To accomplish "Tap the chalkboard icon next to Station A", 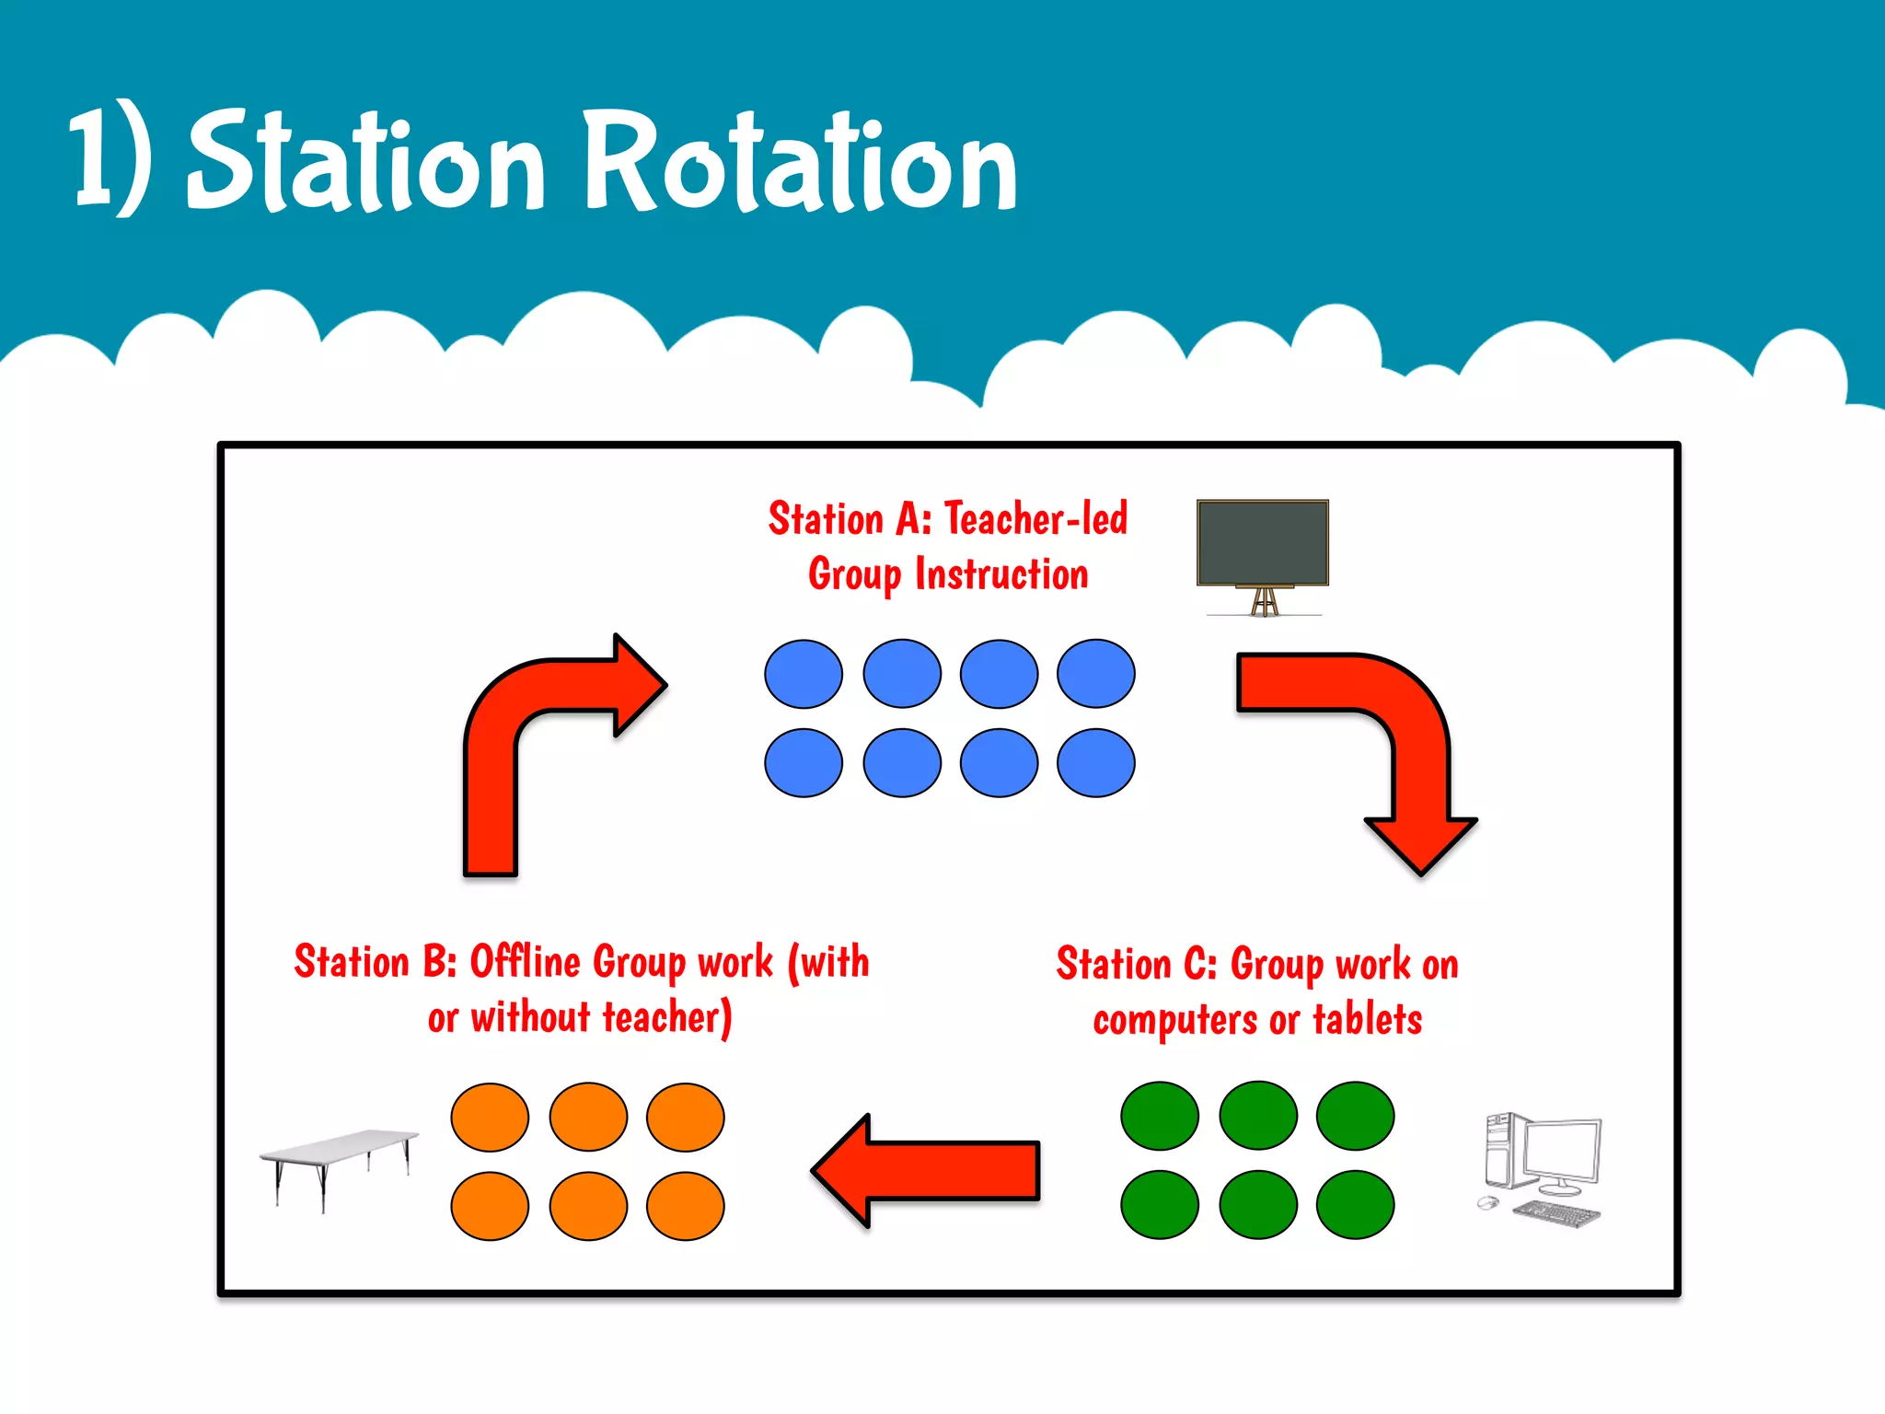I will (x=1262, y=543).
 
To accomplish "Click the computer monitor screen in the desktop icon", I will (x=1561, y=1151).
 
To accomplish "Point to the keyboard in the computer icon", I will (x=1557, y=1213).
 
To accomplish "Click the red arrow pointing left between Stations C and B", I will (x=925, y=1171).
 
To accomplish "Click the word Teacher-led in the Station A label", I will (x=1035, y=519).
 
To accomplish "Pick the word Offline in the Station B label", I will (x=526, y=962).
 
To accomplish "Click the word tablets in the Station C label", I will (x=1367, y=1020).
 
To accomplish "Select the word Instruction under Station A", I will (x=1001, y=574).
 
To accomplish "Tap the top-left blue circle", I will (x=803, y=674).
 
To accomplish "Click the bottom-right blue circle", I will (x=1095, y=763).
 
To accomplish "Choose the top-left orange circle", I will (x=490, y=1118).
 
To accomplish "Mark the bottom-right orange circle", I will (x=685, y=1206).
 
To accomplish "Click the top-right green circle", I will (x=1355, y=1116).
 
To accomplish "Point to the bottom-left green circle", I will (x=1160, y=1205).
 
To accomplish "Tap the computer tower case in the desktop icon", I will (x=1500, y=1151).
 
